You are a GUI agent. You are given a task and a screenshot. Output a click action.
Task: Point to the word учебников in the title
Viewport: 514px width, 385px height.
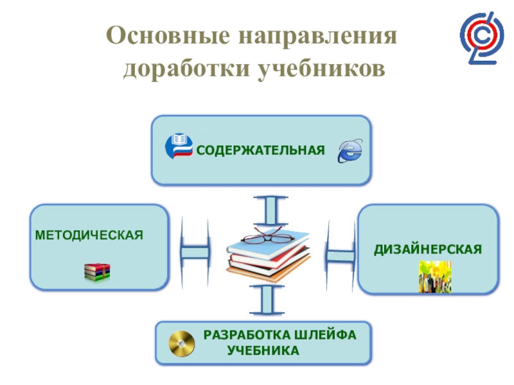click(x=323, y=67)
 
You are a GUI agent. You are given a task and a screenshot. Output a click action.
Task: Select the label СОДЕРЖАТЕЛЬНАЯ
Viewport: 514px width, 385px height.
click(x=261, y=151)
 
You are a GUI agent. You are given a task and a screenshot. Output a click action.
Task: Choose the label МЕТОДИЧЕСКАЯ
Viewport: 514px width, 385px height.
click(x=89, y=234)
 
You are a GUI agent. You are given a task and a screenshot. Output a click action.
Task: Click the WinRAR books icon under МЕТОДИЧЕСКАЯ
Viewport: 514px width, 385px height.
click(x=97, y=273)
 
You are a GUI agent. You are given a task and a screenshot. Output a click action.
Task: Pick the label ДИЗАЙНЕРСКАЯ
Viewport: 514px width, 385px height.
click(x=429, y=248)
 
